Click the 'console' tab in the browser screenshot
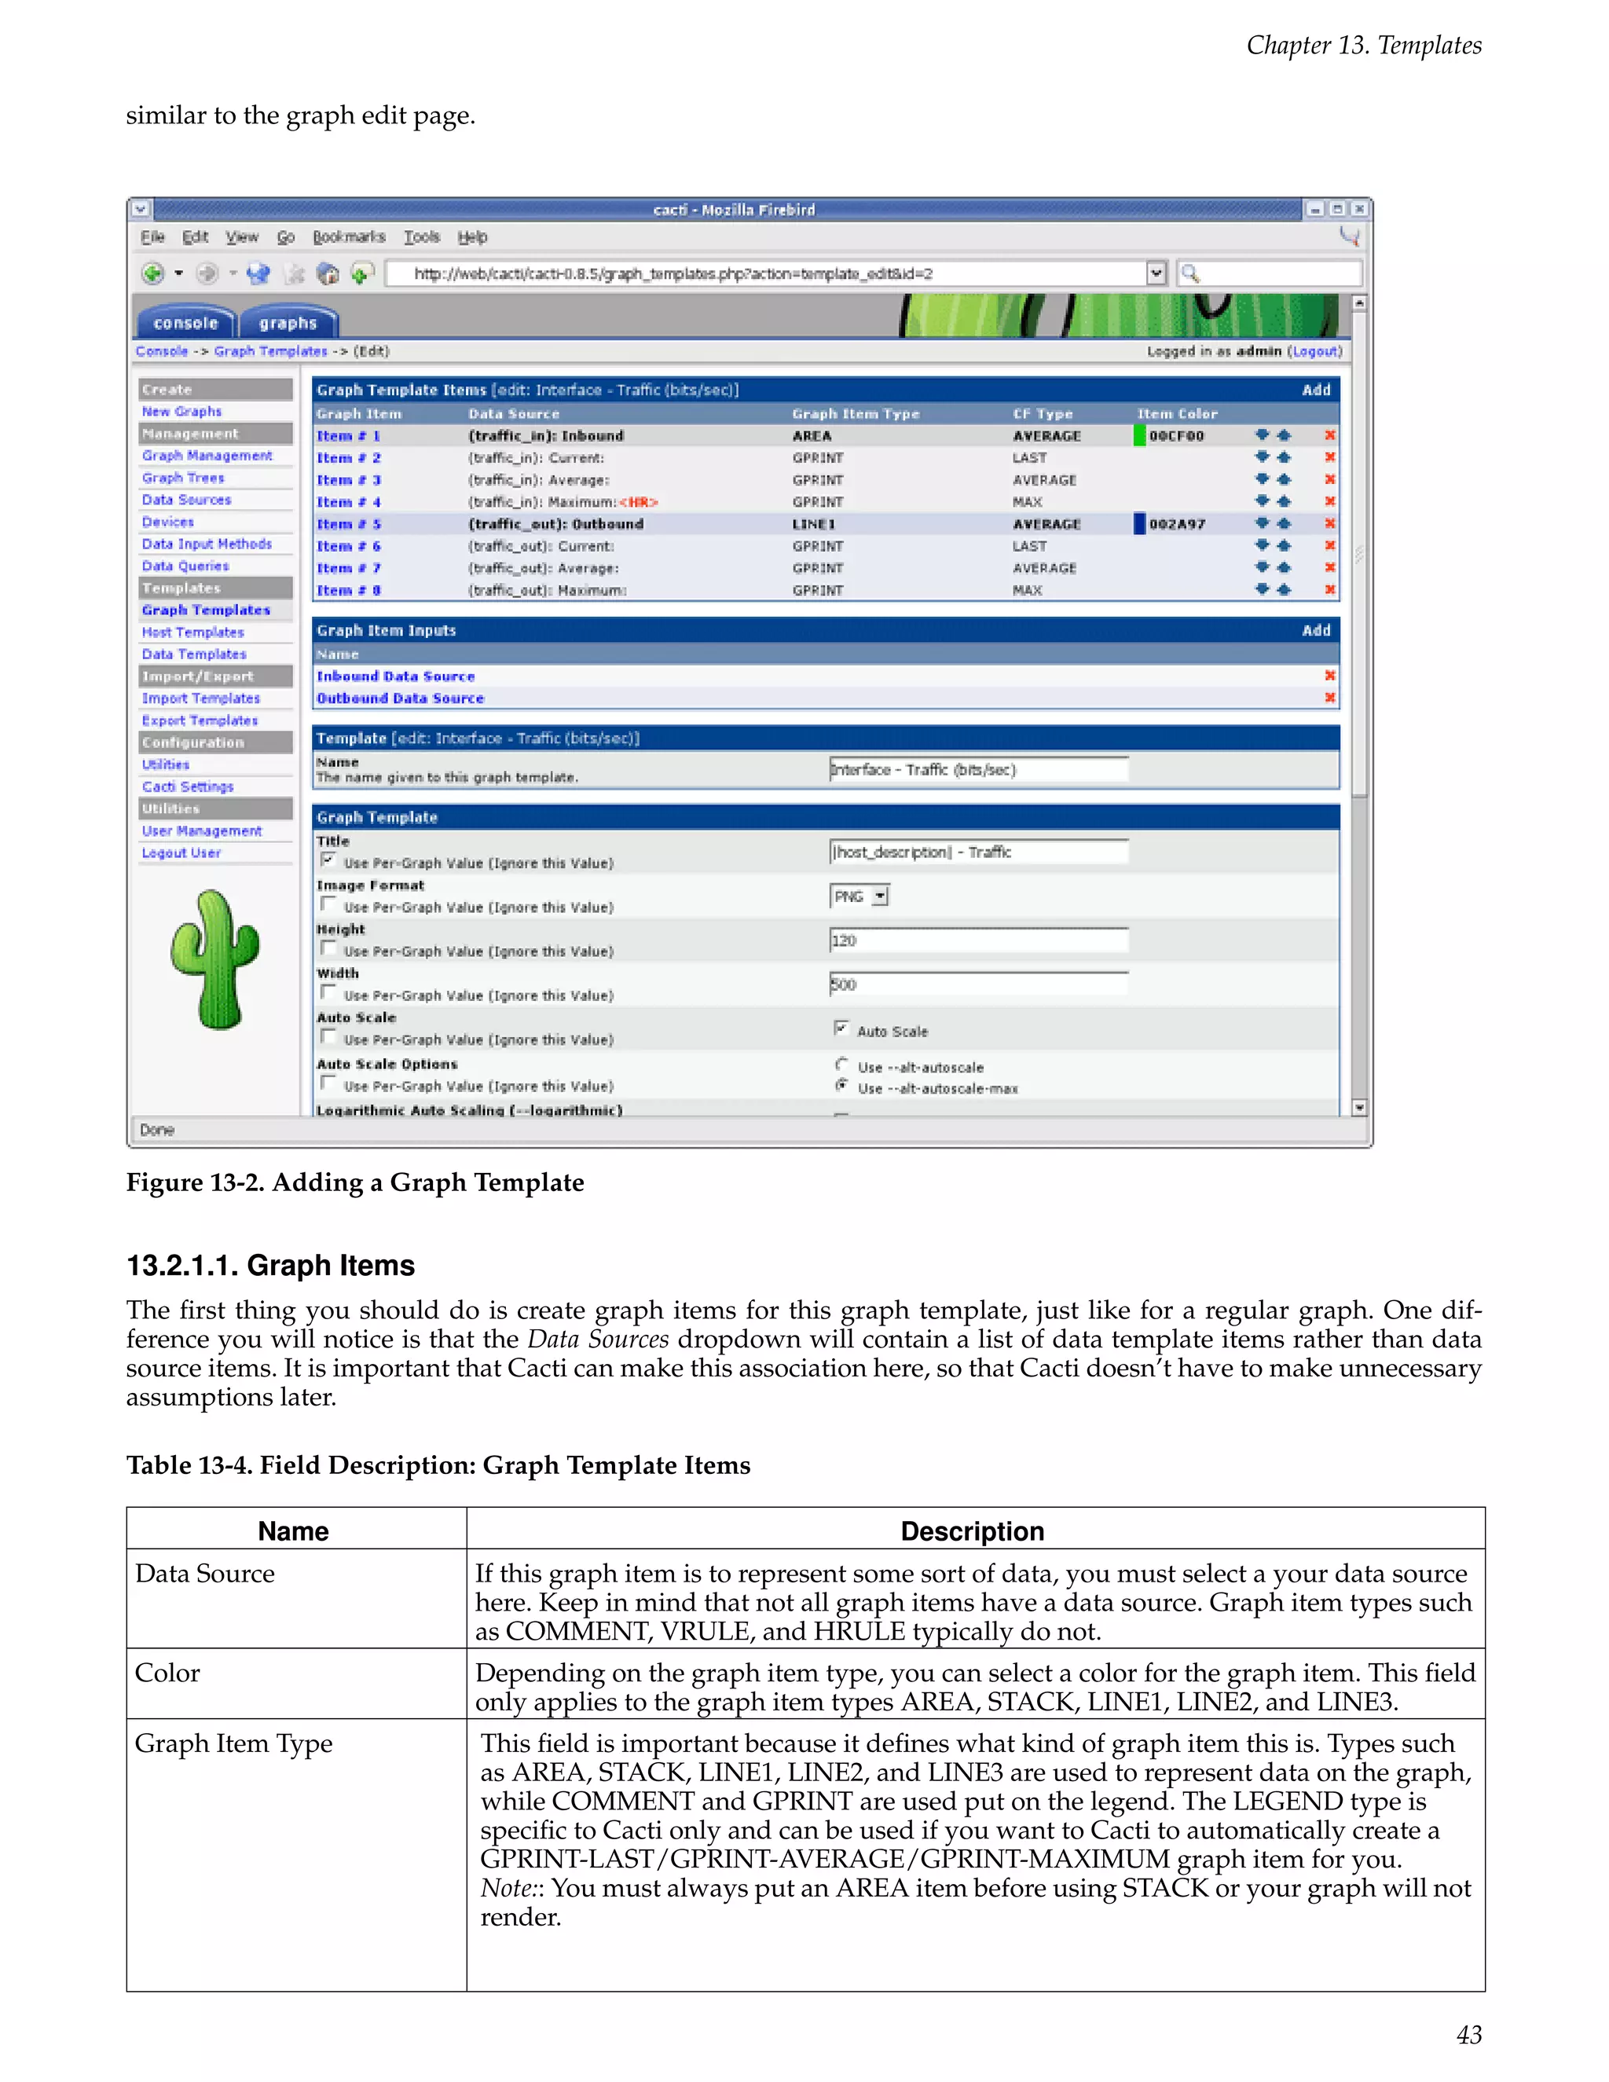click(186, 323)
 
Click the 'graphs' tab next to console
click(287, 323)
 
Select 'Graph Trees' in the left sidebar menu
click(183, 478)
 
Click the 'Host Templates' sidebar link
click(192, 632)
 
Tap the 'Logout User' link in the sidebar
click(181, 853)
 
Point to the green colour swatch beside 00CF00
click(1139, 436)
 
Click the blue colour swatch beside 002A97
click(1139, 523)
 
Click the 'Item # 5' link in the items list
click(349, 524)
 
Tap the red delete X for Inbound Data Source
click(1330, 676)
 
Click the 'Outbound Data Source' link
click(401, 698)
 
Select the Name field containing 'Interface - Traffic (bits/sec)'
click(978, 769)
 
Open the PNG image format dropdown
click(880, 896)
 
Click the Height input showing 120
click(978, 940)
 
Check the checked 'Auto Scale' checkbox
click(841, 1028)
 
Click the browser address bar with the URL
click(768, 273)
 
